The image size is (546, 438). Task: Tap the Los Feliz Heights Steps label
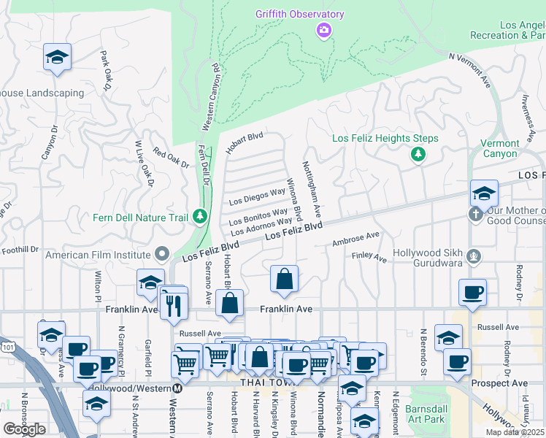click(385, 138)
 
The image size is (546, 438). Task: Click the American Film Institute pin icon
click(163, 255)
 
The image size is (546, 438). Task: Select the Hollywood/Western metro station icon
click(177, 388)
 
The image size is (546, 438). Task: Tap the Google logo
click(24, 429)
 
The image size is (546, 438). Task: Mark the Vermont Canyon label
click(500, 148)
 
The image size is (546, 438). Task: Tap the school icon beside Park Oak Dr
click(56, 58)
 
